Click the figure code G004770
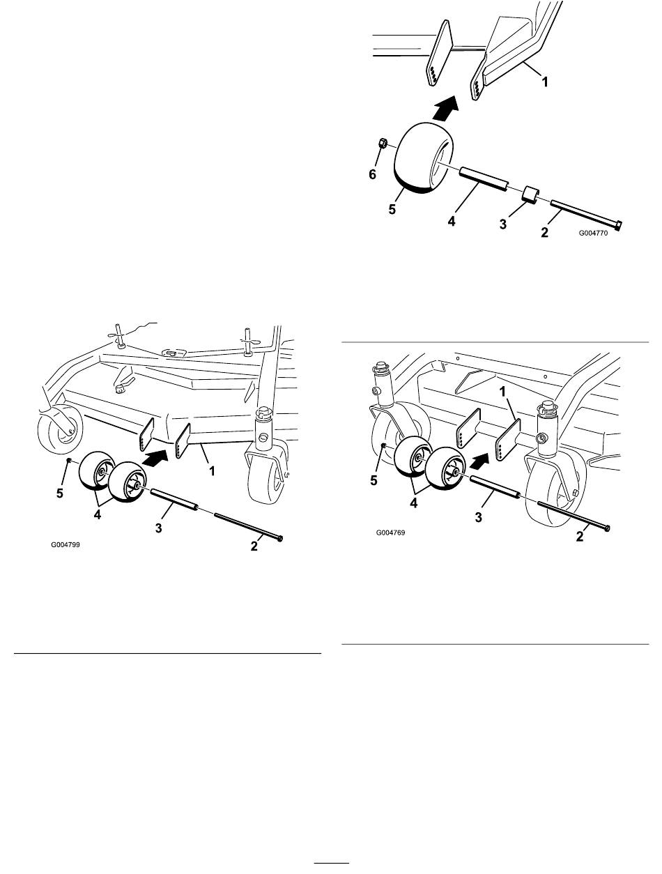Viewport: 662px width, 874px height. coord(593,233)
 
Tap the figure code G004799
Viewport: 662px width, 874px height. coord(66,544)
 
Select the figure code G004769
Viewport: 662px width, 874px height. coord(390,532)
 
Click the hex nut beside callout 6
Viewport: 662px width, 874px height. coord(383,143)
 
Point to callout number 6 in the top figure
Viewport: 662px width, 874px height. coord(373,174)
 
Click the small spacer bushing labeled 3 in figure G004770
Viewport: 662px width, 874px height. coord(530,194)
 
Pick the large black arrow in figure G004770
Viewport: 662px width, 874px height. coord(445,107)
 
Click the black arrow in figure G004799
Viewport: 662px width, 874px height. coord(157,457)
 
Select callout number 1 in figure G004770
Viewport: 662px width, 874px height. coord(545,82)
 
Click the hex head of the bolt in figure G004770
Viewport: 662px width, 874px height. coord(618,225)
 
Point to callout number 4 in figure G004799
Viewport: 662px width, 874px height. coord(97,515)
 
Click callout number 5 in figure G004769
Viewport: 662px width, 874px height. coord(374,481)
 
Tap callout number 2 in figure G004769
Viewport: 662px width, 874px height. coord(580,537)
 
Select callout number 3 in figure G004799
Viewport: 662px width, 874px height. coord(158,528)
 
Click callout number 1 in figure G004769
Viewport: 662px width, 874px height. coord(502,392)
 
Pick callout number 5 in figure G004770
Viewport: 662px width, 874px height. coord(392,210)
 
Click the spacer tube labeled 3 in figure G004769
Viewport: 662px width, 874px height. coord(493,486)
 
